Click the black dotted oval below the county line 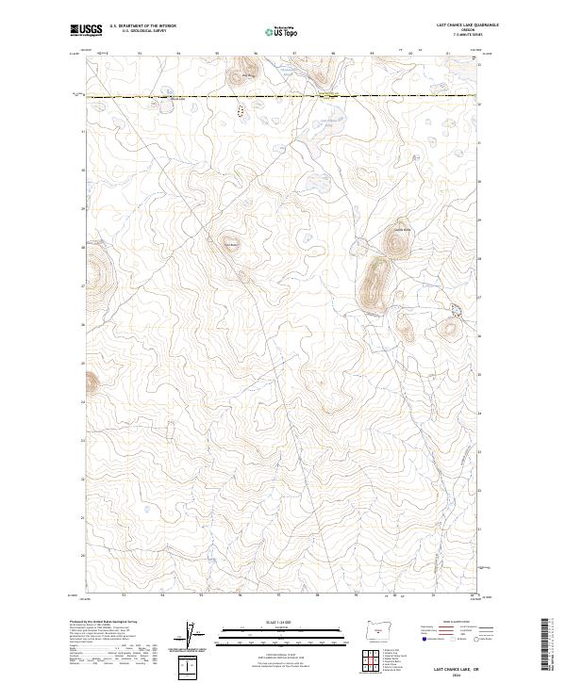pyautogui.click(x=240, y=110)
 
